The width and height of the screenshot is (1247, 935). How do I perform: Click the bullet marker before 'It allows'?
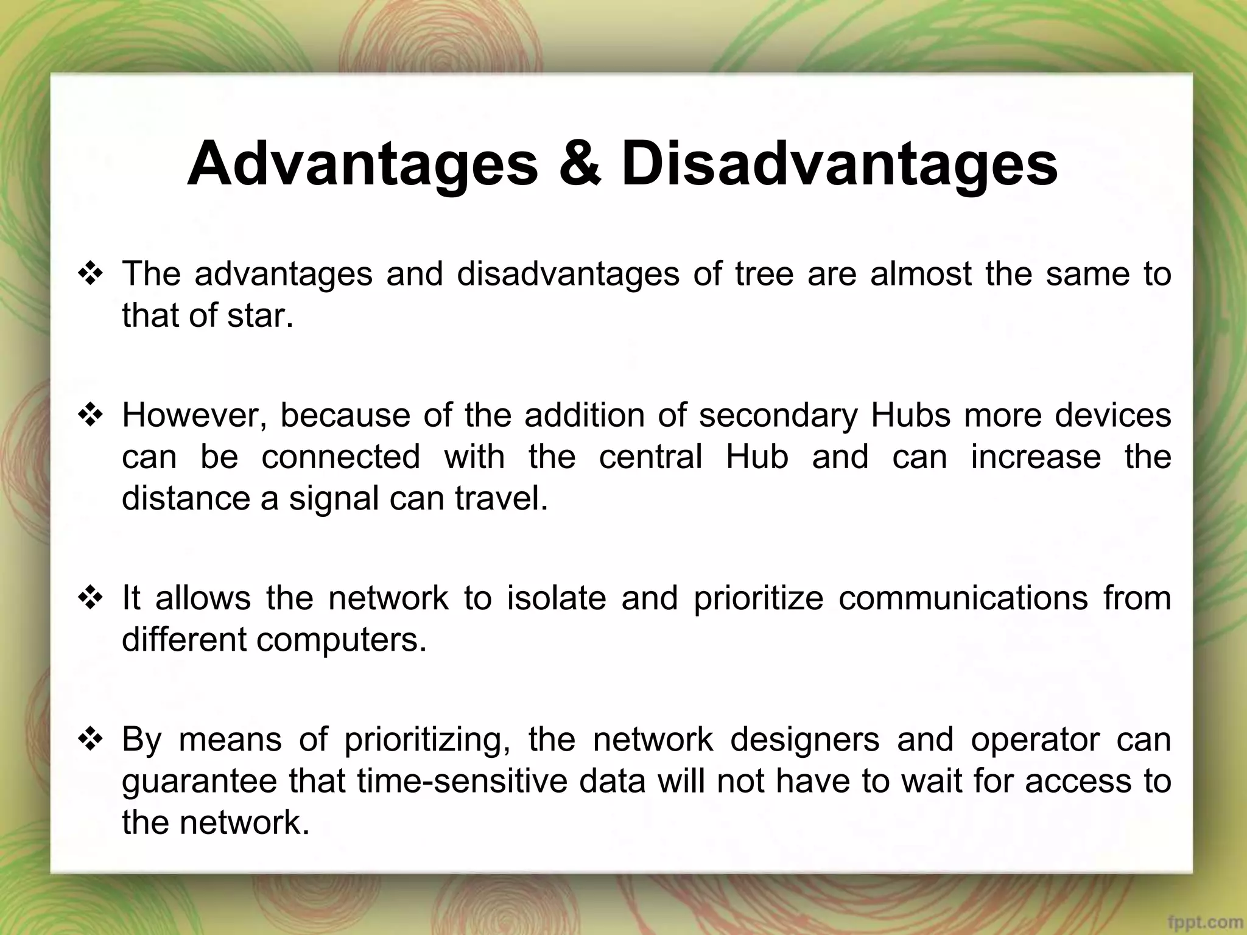click(x=90, y=598)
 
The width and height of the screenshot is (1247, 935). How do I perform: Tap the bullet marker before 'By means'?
click(x=90, y=740)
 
